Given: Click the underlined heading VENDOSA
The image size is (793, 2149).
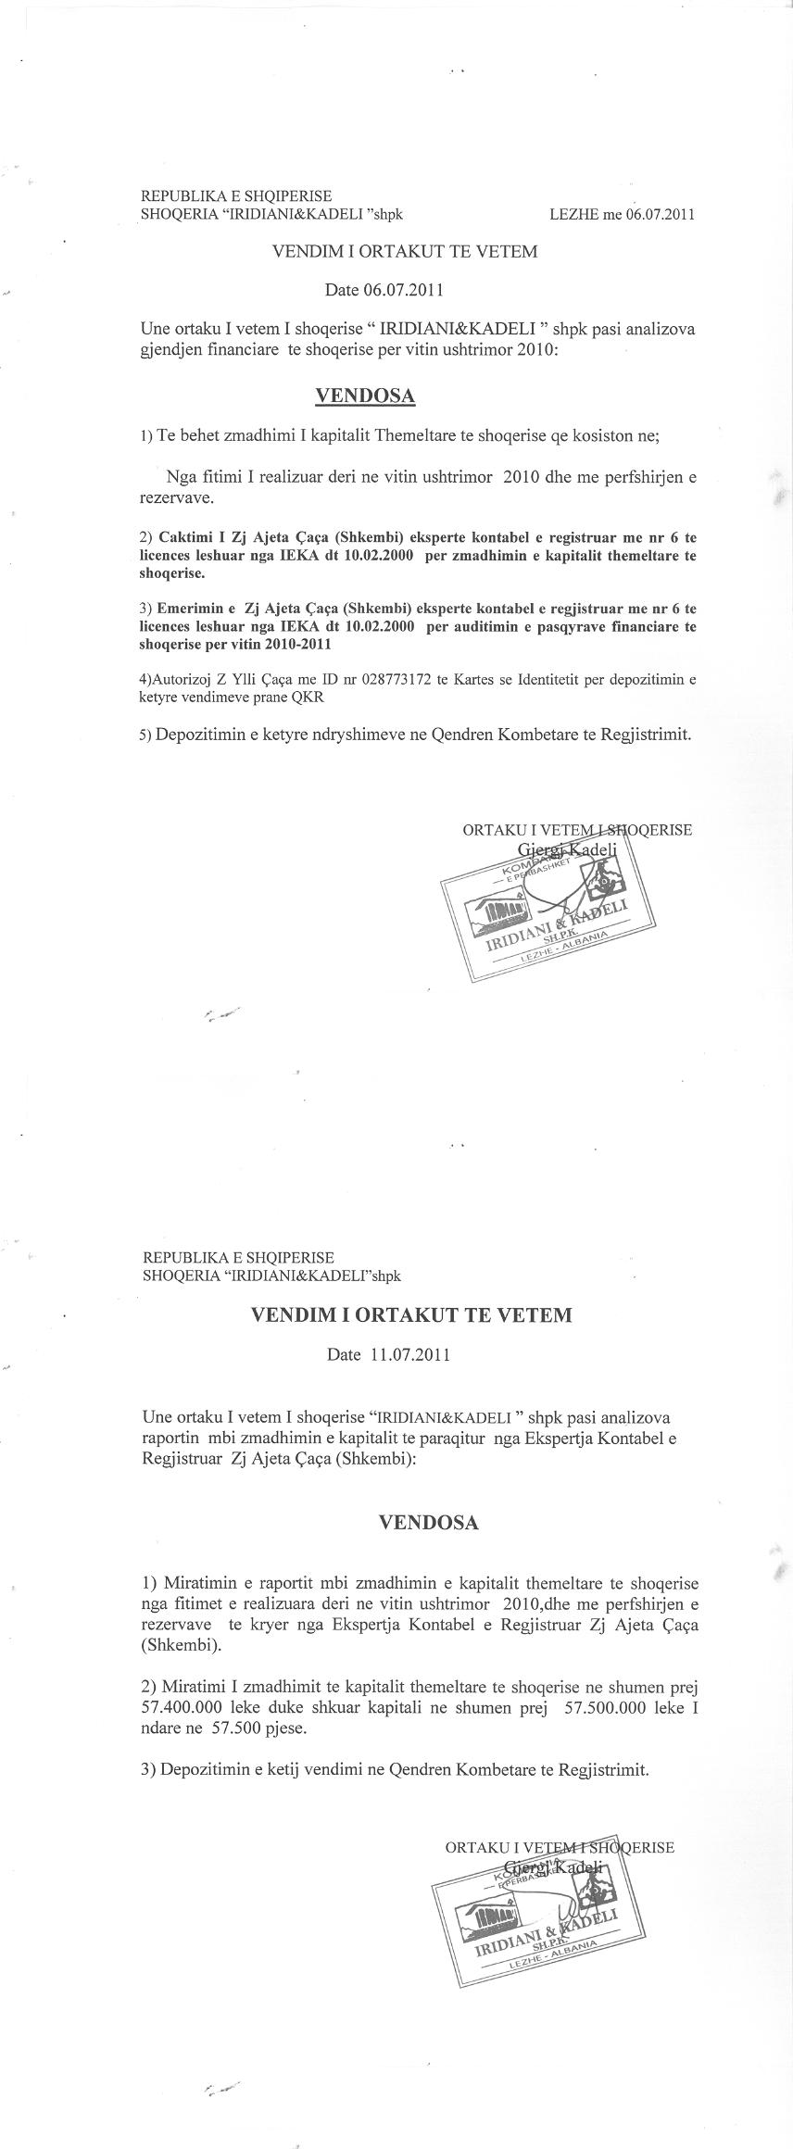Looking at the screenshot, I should pos(365,396).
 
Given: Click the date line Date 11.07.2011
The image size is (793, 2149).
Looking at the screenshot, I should pos(389,1354).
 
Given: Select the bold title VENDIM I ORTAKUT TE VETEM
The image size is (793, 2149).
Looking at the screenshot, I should pos(412,1314).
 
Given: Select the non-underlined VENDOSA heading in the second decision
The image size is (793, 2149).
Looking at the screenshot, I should pos(429,1522).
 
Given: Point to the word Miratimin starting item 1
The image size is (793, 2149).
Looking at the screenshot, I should pos(197,1579).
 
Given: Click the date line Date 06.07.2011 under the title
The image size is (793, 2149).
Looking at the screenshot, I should pos(384,289).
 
